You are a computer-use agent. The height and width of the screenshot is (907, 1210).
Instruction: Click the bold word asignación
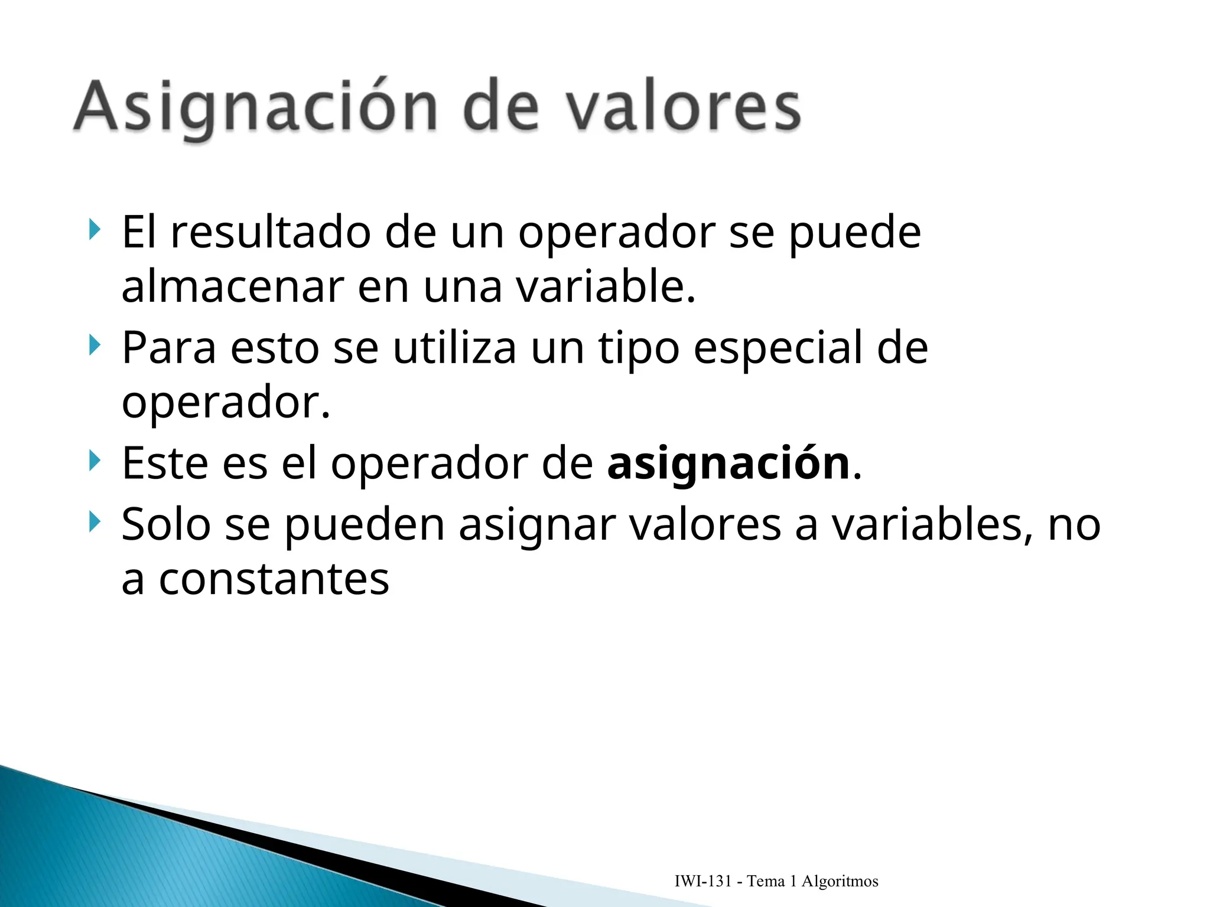coord(728,464)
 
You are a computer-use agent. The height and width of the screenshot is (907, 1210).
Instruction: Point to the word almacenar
coord(233,288)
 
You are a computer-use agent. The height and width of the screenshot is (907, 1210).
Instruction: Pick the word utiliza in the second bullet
coord(454,348)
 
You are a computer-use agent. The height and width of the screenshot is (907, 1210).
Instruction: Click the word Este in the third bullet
coord(165,464)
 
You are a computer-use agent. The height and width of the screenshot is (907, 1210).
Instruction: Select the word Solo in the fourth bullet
coord(166,524)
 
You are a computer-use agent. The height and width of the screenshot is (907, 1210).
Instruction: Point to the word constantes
coord(274,579)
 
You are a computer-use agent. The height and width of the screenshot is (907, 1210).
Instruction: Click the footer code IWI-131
coord(702,882)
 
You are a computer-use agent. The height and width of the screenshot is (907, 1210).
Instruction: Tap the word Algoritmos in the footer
coord(840,882)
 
